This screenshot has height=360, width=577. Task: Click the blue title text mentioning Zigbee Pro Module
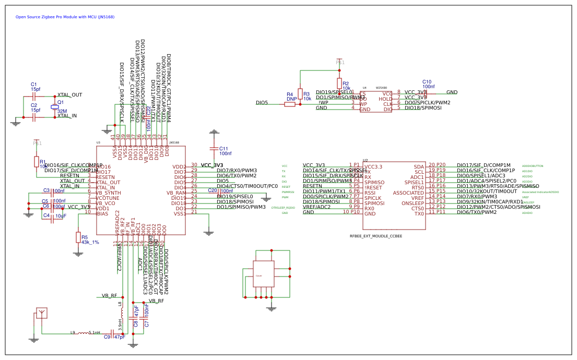[65, 17]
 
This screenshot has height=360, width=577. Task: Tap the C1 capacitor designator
[33, 85]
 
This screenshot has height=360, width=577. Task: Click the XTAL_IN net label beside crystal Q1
[67, 116]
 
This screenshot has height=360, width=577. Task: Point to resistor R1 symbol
[36, 161]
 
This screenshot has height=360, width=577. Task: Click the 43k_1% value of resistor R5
[90, 242]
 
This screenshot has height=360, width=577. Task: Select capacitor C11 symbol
[213, 149]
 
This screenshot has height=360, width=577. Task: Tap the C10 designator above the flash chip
[427, 82]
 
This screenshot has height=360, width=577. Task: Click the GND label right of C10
[452, 92]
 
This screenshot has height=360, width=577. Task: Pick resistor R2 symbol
[339, 83]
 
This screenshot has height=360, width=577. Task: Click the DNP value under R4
[291, 99]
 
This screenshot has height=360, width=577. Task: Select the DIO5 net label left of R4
[262, 103]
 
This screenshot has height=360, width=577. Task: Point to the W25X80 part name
[382, 88]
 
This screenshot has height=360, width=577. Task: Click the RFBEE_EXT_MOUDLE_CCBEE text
[376, 236]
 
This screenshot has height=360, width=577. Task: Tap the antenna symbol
[42, 313]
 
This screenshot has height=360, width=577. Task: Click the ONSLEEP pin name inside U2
[413, 203]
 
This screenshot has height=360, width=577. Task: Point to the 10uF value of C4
[61, 215]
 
